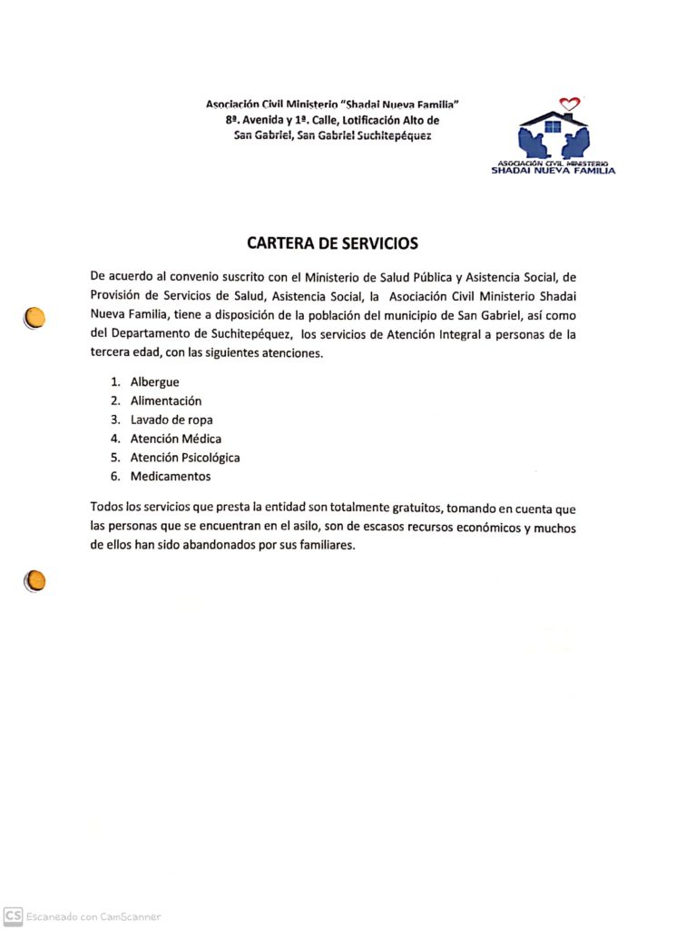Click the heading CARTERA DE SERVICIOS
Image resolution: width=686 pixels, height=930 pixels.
click(x=332, y=243)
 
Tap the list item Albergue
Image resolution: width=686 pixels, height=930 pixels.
click(x=154, y=381)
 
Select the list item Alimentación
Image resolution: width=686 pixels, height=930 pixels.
click(x=165, y=401)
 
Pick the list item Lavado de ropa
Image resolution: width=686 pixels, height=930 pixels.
click(x=171, y=420)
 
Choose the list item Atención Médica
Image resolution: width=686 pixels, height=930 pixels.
click(x=175, y=439)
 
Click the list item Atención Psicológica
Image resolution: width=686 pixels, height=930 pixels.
click(x=184, y=458)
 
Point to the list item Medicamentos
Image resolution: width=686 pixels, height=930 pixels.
click(x=170, y=476)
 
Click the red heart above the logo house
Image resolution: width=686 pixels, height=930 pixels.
click(x=569, y=104)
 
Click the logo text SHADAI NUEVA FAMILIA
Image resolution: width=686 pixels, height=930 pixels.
click(x=553, y=170)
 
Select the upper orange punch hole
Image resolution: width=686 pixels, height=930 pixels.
click(x=34, y=317)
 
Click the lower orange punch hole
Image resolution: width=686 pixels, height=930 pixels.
click(x=34, y=579)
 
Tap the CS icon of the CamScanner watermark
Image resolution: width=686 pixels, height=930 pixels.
click(x=13, y=916)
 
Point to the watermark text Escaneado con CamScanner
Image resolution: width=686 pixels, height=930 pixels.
click(x=93, y=917)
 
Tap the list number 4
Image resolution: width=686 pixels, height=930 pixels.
click(x=115, y=439)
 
